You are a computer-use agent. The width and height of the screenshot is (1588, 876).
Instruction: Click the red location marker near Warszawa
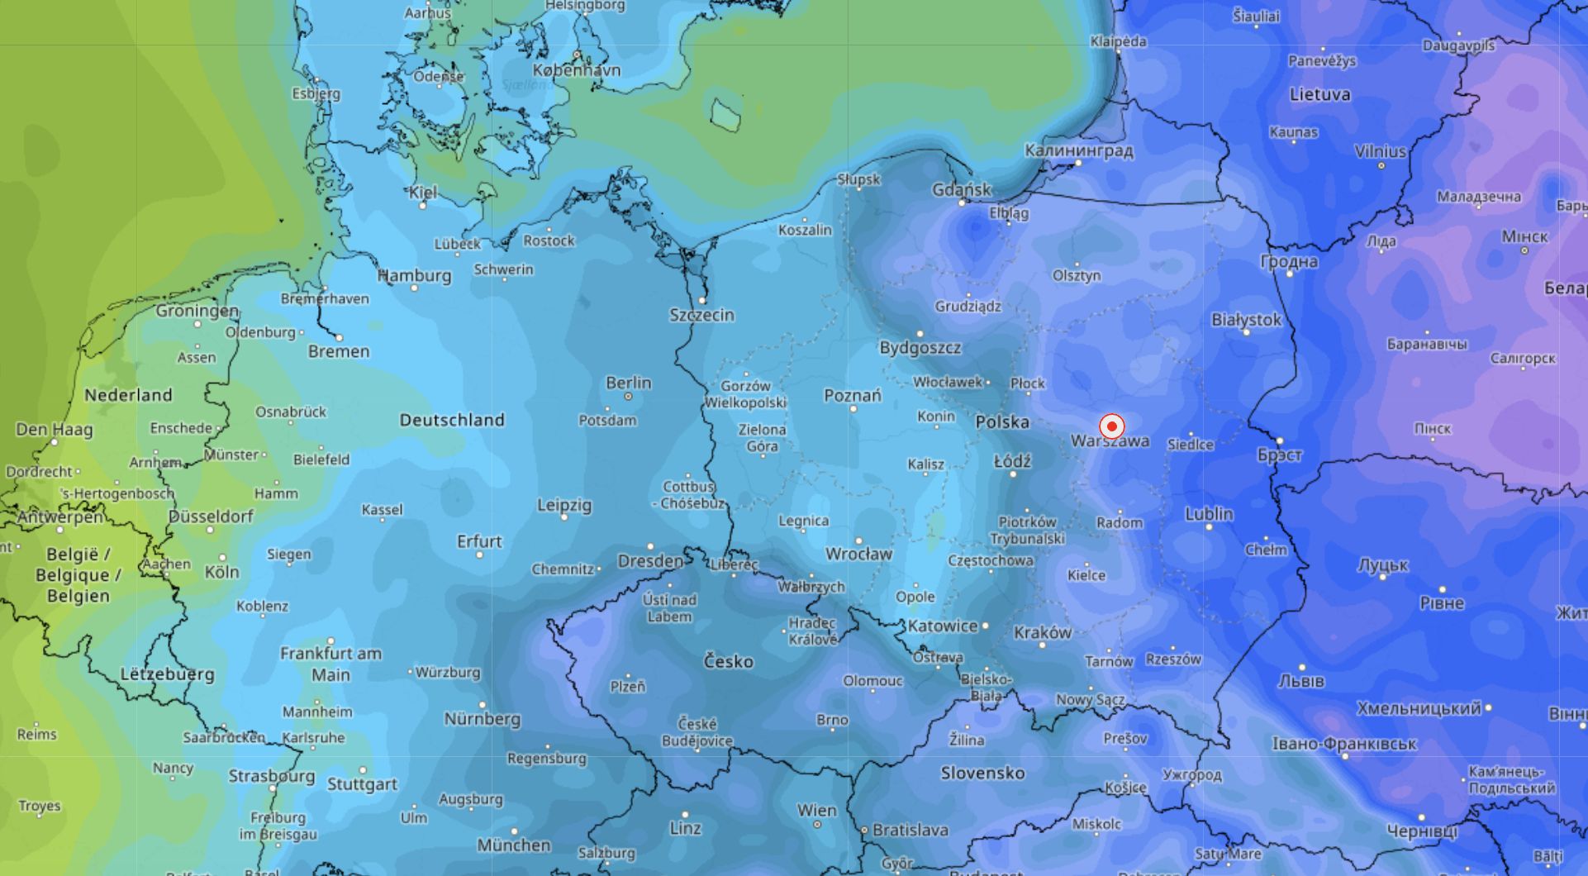1111,426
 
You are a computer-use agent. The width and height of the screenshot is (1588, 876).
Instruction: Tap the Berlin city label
628,383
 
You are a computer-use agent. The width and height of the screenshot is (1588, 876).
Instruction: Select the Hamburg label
415,275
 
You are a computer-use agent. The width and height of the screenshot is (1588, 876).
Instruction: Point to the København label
576,70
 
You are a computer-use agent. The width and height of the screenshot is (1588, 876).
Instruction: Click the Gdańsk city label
961,189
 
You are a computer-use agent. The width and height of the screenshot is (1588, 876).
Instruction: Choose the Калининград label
1078,150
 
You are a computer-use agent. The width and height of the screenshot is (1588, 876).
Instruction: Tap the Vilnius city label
1380,151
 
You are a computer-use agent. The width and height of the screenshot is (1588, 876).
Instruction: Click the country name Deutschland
452,420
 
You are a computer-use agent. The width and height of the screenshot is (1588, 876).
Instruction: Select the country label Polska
1002,421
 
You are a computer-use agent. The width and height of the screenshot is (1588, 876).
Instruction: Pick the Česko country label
728,661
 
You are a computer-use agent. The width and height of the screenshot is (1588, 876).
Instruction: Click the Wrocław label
858,554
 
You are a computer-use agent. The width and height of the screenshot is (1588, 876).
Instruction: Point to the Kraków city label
1042,632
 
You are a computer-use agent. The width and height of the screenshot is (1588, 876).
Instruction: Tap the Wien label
816,811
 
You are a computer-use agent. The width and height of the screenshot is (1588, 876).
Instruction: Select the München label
513,845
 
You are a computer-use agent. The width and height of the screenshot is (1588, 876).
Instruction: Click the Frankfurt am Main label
330,664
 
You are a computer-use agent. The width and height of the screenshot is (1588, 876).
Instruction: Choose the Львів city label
1300,681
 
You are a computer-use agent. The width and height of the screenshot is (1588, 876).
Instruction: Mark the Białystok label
1246,319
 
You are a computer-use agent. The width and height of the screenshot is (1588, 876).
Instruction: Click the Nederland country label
128,395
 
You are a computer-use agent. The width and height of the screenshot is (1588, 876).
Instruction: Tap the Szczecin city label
701,315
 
